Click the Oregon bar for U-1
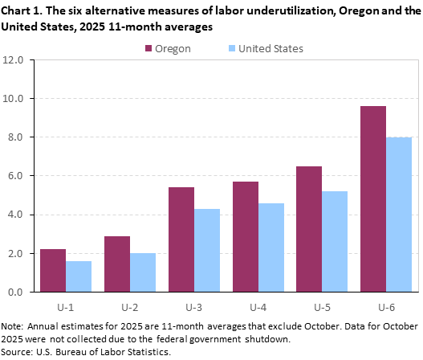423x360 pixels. [53, 271]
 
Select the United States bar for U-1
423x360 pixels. [79, 276]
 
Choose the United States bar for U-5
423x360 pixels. [335, 241]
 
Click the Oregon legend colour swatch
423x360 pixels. [150, 49]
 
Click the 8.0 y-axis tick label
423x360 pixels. [18, 137]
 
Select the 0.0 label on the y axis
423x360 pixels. [18, 292]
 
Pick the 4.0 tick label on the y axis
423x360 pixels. [18, 215]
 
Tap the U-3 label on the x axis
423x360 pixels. [194, 306]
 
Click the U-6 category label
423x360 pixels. [386, 306]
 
